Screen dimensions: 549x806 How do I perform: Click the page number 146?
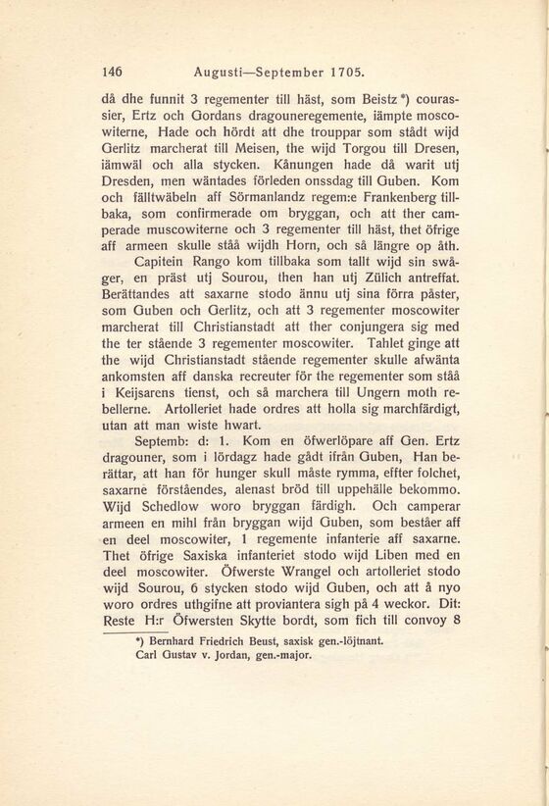coord(113,72)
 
